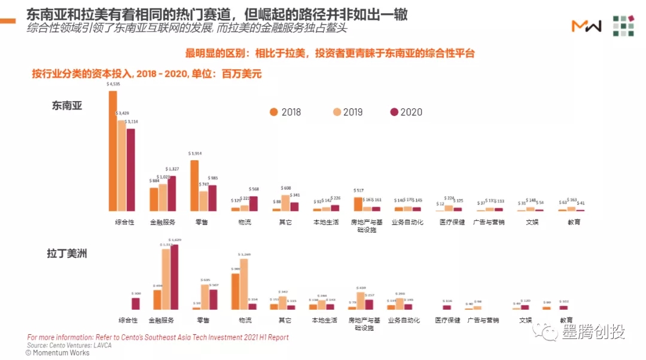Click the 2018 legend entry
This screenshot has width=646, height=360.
pyautogui.click(x=285, y=112)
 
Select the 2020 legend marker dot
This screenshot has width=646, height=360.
pyautogui.click(x=394, y=112)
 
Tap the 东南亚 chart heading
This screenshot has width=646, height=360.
pyautogui.click(x=67, y=106)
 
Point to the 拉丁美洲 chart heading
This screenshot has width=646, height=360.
pyautogui.click(x=67, y=254)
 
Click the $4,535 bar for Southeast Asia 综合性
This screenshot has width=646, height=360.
pyautogui.click(x=112, y=151)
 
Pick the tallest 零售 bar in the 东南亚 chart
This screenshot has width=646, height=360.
pyautogui.click(x=194, y=185)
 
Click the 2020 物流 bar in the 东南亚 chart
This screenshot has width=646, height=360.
pyautogui.click(x=253, y=203)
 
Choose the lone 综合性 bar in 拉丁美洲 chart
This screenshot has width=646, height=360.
pyautogui.click(x=136, y=303)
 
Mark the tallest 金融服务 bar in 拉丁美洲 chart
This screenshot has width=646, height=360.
pyautogui.click(x=174, y=277)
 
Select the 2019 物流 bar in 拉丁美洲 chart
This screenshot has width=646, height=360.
pyautogui.click(x=243, y=284)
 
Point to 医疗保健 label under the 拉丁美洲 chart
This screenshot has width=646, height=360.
pyautogui.click(x=447, y=320)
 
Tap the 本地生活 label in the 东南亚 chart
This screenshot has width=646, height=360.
pyautogui.click(x=326, y=222)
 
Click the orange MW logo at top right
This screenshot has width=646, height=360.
pyautogui.click(x=586, y=26)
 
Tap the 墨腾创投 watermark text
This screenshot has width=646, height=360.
pyautogui.click(x=593, y=332)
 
